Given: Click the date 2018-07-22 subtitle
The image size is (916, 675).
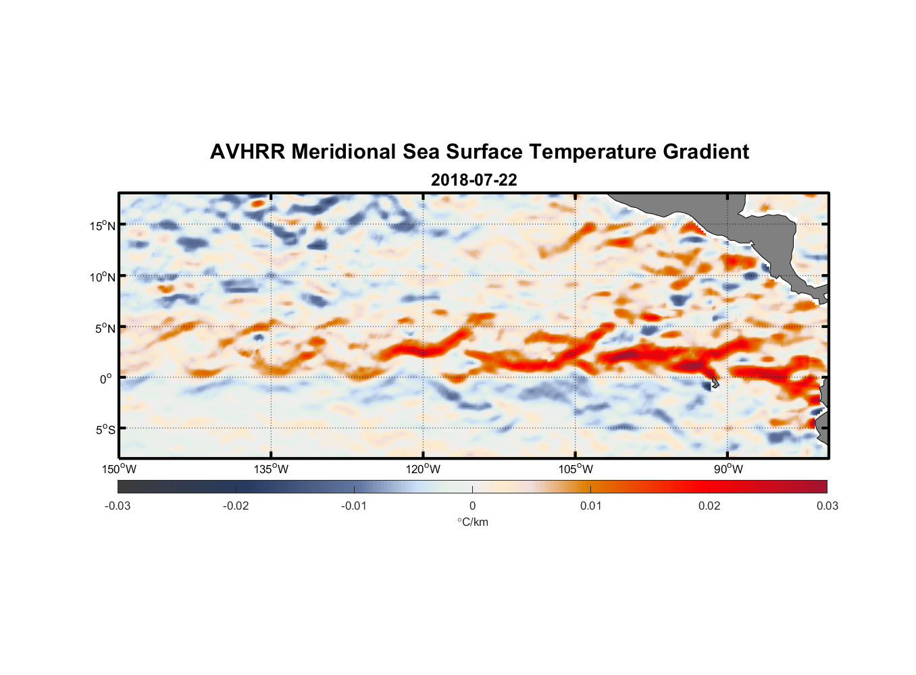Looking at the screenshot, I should point(474,180).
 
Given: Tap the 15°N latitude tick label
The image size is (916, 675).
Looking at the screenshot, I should point(103,225).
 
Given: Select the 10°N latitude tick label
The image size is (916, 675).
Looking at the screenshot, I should point(103,277).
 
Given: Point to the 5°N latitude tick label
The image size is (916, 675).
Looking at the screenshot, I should point(105,328).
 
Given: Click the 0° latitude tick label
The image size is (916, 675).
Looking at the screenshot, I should point(105,379).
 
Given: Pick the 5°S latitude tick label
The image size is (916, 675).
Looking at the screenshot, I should point(105,429).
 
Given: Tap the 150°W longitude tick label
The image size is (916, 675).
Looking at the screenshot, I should point(119,469).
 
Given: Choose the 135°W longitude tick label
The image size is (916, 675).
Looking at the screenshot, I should point(272,469).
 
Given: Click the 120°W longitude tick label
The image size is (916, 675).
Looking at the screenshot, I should point(424,469).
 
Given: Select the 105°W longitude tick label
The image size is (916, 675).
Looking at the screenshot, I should point(576,469).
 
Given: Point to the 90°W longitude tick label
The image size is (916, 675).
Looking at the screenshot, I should point(728,469).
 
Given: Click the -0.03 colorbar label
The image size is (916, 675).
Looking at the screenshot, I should point(118,506).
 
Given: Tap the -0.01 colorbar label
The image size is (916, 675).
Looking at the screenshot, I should point(354,506).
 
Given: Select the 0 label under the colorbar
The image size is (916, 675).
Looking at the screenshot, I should point(472,506).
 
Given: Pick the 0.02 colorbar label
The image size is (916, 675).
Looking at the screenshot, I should point(709,506).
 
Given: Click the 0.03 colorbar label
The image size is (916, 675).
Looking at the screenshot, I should point(827,506).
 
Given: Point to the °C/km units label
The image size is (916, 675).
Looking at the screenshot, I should point(472,522).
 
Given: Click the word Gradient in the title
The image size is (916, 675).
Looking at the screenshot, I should point(706,152).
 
